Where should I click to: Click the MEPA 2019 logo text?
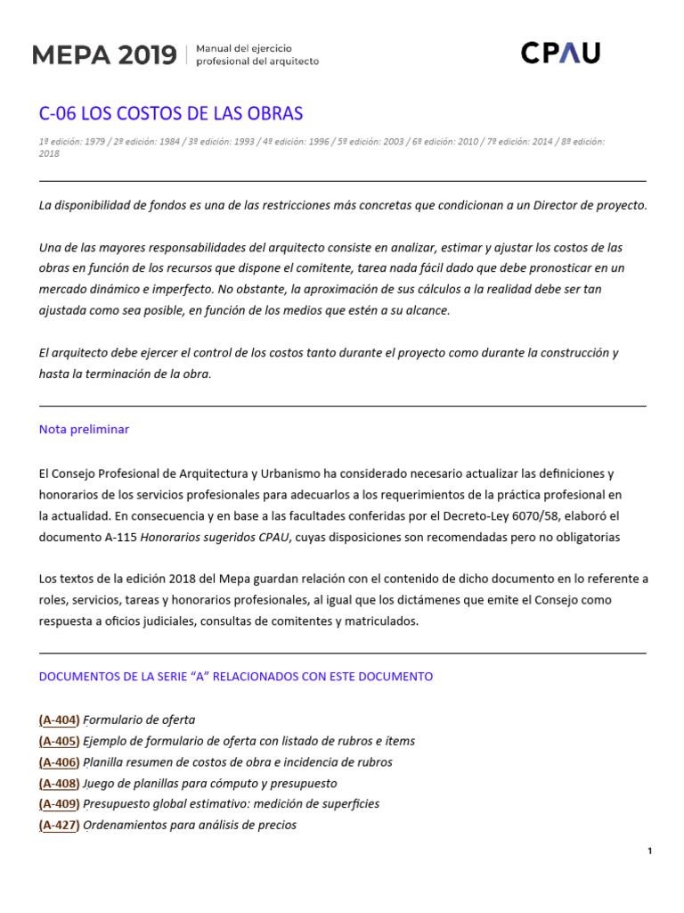click(104, 55)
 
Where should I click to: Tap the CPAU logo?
click(560, 53)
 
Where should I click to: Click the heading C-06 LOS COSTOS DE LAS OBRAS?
click(171, 113)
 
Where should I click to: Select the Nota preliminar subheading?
click(84, 429)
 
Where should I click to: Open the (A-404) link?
click(60, 720)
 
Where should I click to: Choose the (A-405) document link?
click(60, 741)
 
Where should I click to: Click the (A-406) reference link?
click(60, 762)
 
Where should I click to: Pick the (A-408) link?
click(60, 783)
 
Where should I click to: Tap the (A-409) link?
click(60, 803)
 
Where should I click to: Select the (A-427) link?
click(60, 825)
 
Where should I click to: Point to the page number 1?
click(650, 851)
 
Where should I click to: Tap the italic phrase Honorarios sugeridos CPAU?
click(216, 537)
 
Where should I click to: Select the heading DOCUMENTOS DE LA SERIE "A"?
click(236, 677)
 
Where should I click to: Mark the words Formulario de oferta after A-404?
click(139, 720)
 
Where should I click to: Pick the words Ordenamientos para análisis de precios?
click(190, 825)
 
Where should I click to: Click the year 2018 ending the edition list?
click(49, 153)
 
